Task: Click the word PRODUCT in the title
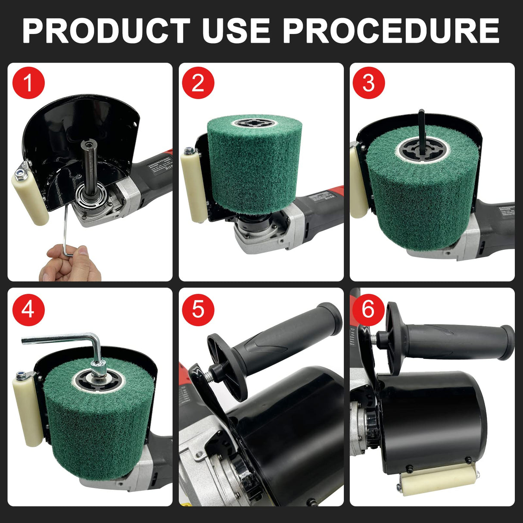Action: [106, 31]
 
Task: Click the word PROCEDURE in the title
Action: [391, 31]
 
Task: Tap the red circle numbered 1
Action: [28, 83]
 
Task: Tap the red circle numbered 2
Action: [198, 83]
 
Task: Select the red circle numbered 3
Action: [369, 83]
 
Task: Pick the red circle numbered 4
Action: [28, 309]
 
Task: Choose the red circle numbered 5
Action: [198, 309]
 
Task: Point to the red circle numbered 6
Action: [369, 309]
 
